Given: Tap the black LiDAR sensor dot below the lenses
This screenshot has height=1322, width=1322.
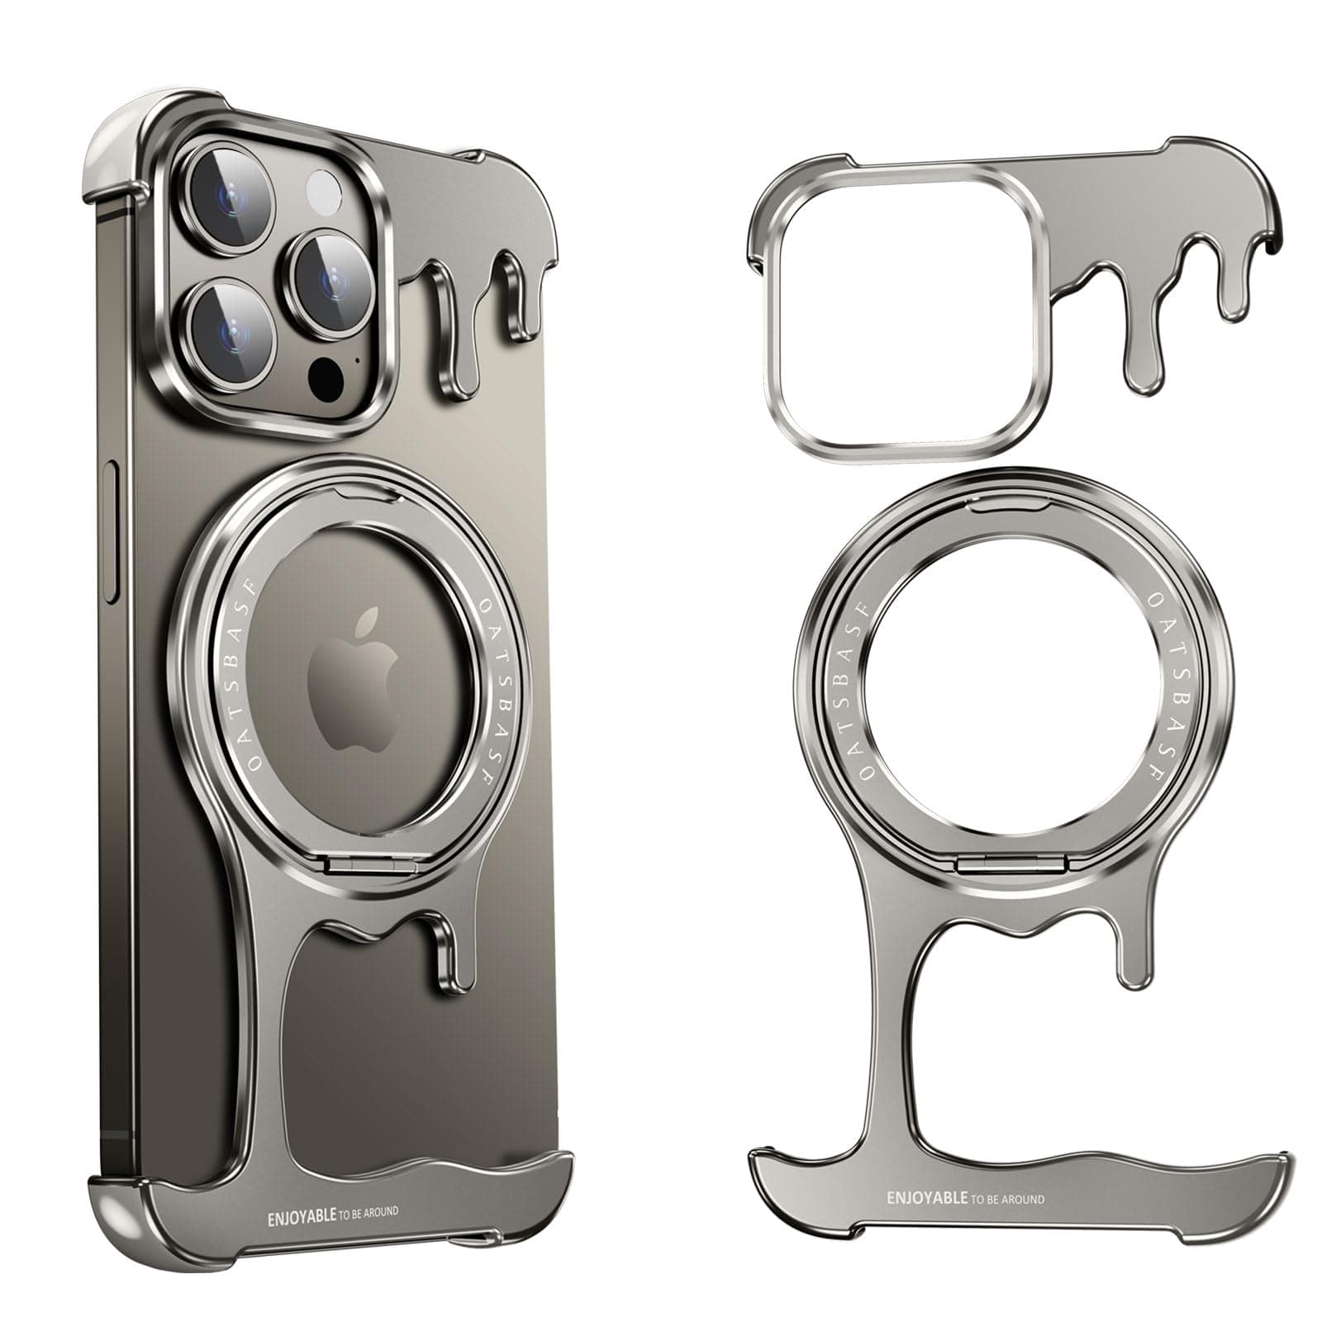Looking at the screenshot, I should (326, 378).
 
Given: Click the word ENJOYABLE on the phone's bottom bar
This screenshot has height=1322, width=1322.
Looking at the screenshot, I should (302, 1216).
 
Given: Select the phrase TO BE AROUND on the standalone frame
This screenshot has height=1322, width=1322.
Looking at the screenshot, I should (1006, 1198).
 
